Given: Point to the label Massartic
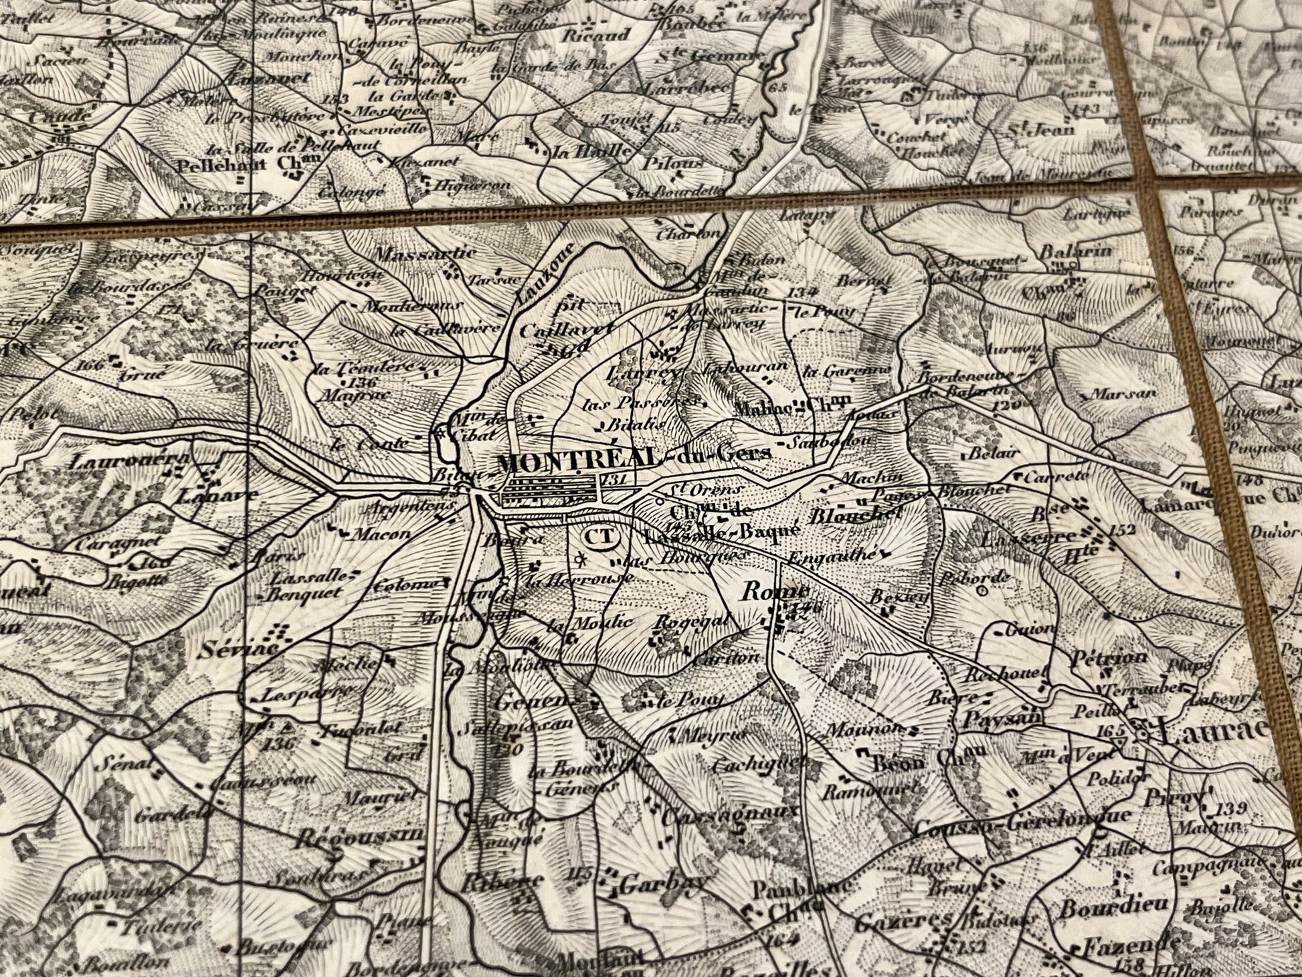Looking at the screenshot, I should click(x=426, y=254).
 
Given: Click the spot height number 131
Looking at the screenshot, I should click(x=612, y=479).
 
